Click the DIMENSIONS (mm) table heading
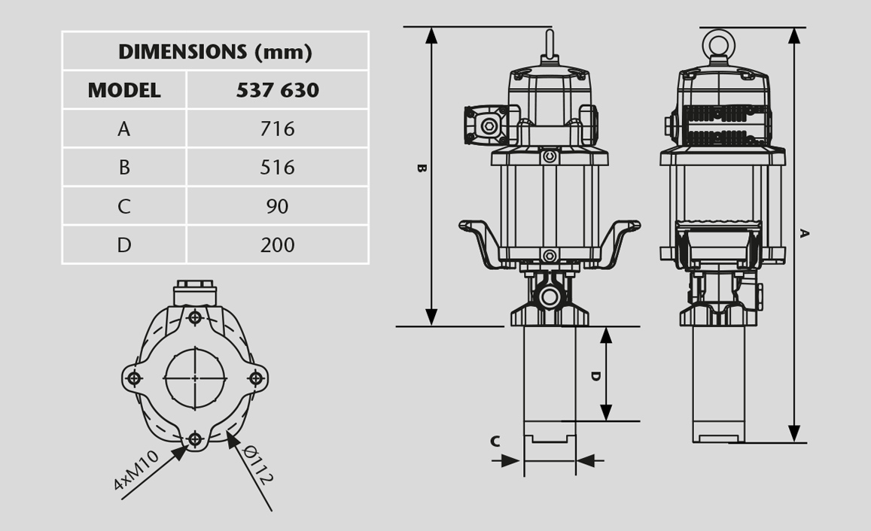coord(215,52)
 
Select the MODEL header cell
coord(124,90)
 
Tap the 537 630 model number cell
coord(277,90)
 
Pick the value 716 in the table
coord(277,129)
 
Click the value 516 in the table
coord(277,168)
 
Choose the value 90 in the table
coord(277,206)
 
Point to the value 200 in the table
coord(277,244)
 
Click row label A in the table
coord(124,129)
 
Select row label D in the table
coord(124,244)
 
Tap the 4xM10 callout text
coord(136,471)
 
